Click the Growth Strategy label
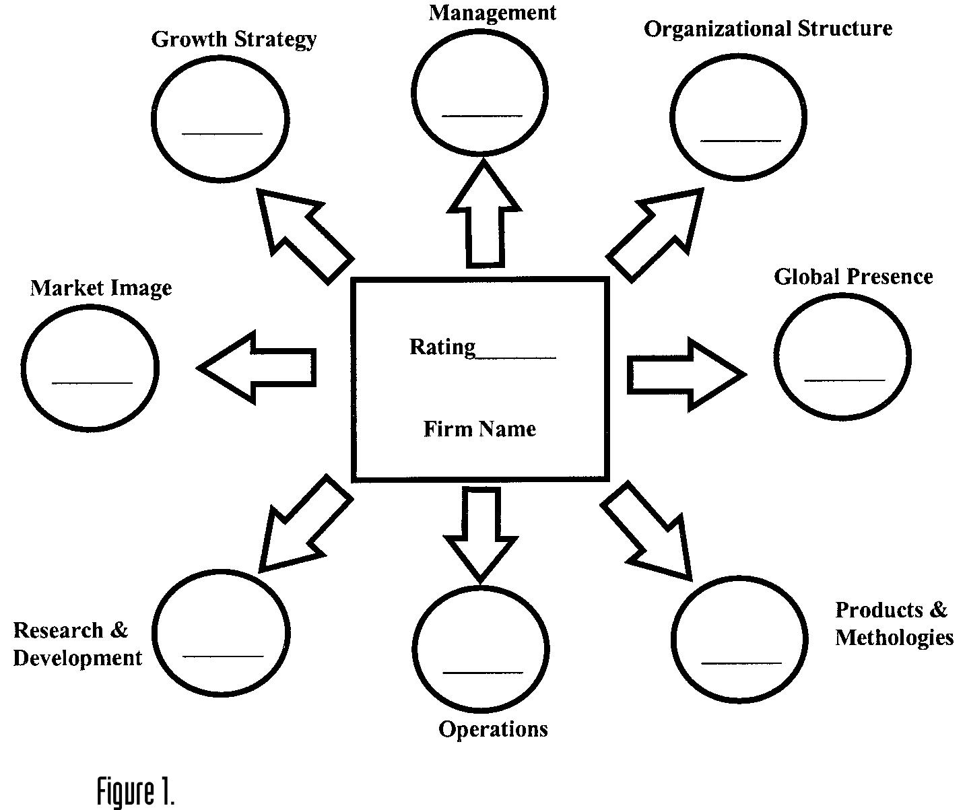point(234,39)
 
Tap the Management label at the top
point(492,13)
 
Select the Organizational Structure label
point(768,29)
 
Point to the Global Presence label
point(853,277)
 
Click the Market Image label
point(101,288)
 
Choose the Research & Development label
point(77,644)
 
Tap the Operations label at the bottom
point(493,729)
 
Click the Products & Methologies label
point(894,623)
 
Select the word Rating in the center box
point(442,347)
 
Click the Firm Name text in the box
point(479,429)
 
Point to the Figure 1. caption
point(136,790)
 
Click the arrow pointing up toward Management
point(484,215)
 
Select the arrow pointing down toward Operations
point(481,532)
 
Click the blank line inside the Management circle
point(481,116)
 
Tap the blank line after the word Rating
point(516,358)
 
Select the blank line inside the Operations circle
point(482,672)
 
